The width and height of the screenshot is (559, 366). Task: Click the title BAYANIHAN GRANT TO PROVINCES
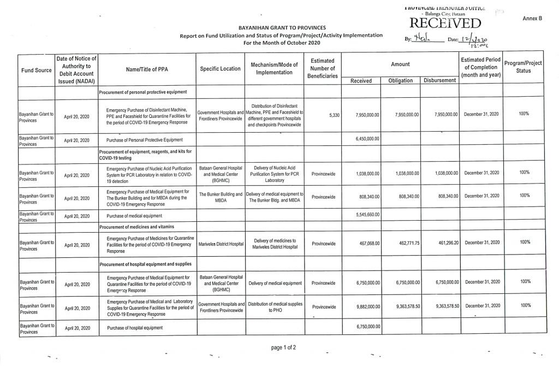coord(282,27)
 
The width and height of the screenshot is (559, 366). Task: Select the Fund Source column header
coord(36,70)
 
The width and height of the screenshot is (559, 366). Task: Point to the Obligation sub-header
coord(400,80)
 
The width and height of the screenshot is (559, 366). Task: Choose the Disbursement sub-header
coord(439,80)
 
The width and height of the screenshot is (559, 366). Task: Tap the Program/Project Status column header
coord(523,67)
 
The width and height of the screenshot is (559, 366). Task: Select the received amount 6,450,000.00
coord(367,139)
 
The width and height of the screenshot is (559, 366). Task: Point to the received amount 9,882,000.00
coord(367,306)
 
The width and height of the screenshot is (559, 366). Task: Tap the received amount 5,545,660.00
coord(367,215)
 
